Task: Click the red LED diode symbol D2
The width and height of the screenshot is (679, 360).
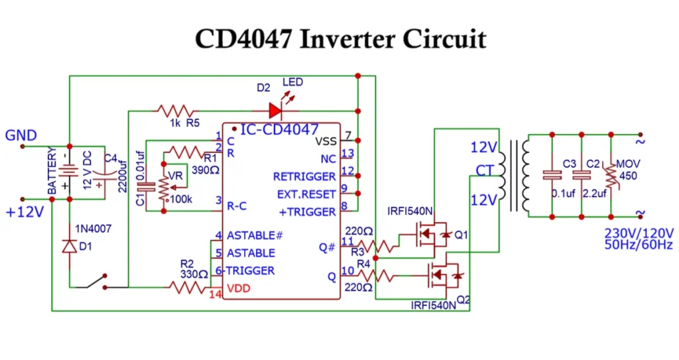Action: coord(275,110)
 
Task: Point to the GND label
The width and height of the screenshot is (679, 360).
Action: coord(21,136)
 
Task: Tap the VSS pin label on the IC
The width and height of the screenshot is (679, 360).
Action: coord(325,141)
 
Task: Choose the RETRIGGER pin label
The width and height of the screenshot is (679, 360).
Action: coord(304,177)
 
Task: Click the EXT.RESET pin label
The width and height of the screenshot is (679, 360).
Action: coord(306,194)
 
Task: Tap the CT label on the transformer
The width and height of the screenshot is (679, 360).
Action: coord(485,171)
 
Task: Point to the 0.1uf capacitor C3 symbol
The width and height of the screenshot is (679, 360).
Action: coord(552,176)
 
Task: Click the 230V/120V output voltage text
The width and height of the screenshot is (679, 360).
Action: coord(639,233)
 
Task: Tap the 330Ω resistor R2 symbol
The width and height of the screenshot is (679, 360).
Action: coord(189,287)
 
